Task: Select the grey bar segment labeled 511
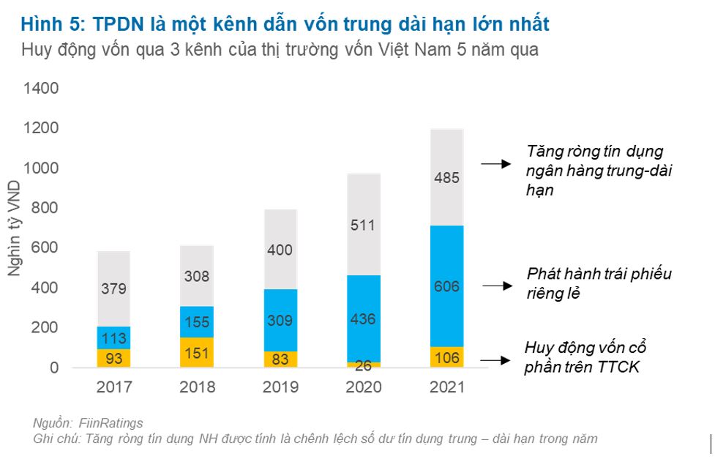pos(362,225)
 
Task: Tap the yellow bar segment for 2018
pos(196,351)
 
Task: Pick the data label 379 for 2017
pos(113,289)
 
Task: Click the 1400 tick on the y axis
pos(40,89)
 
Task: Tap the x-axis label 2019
pos(280,387)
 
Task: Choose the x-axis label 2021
pos(446,387)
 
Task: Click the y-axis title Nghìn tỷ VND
pos(14,229)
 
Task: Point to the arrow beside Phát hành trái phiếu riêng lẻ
pos(497,286)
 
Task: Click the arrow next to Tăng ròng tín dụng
pos(495,164)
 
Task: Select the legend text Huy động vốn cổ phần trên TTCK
pos(585,357)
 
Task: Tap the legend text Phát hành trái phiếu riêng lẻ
pos(599,283)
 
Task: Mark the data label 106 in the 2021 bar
pos(446,357)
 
